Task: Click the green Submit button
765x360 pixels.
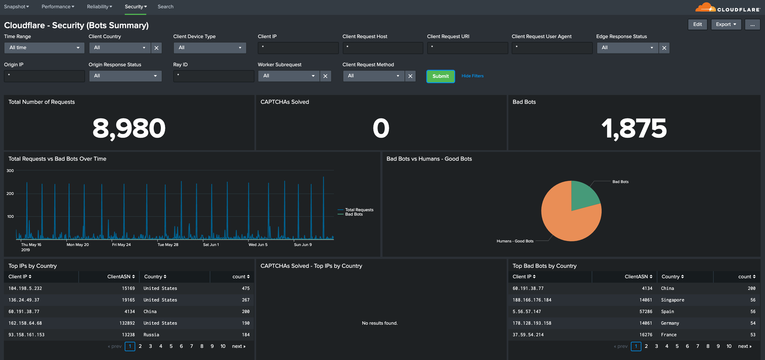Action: [440, 76]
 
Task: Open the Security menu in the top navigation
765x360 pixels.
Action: [136, 7]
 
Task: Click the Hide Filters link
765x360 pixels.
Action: [472, 76]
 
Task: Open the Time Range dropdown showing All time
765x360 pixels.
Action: [44, 47]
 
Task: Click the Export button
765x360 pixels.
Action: [726, 24]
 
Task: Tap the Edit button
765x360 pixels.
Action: [697, 24]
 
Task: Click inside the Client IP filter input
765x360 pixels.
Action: [298, 47]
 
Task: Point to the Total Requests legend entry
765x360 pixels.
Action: [359, 210]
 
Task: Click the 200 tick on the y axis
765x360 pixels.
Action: [10, 194]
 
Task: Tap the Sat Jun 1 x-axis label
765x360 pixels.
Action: [211, 244]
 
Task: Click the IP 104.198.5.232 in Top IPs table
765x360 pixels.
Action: [25, 288]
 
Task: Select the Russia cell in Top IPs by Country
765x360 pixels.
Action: [151, 334]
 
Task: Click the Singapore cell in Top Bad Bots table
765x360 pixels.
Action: [672, 300]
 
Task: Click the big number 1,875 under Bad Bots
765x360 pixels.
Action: [634, 128]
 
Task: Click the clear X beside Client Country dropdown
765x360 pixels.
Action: [156, 48]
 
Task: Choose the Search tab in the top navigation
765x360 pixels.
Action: [165, 7]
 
